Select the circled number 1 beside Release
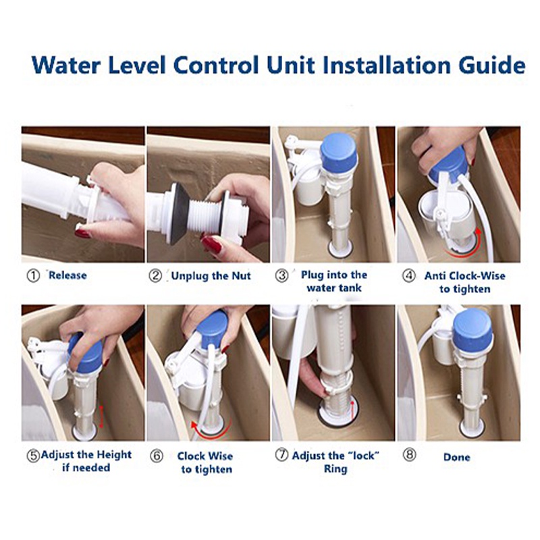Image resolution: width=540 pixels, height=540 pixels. (32, 275)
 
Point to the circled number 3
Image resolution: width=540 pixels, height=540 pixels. (283, 275)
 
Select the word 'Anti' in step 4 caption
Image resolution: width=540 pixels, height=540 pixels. (436, 275)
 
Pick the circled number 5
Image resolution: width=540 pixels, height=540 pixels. (32, 455)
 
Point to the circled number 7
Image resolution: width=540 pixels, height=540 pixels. (281, 455)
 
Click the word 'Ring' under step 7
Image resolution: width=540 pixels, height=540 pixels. (335, 468)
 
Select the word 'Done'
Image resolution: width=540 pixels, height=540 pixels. (457, 457)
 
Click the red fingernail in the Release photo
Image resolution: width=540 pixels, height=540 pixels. (82, 234)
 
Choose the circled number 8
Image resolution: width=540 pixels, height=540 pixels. (410, 455)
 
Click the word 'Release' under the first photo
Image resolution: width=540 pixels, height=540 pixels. (67, 275)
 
